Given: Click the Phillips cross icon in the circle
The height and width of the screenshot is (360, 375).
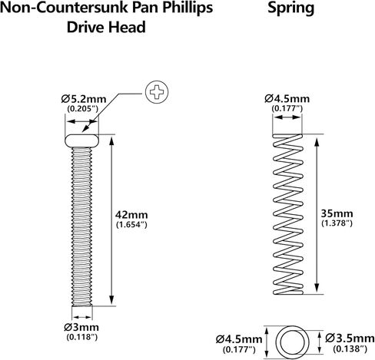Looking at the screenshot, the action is coord(157,92).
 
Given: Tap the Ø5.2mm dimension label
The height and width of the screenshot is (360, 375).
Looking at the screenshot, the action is coord(84,99).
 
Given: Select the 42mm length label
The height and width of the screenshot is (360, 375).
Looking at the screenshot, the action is coord(131,214).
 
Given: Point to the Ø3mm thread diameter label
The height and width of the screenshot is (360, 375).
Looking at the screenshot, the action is coord(81,327).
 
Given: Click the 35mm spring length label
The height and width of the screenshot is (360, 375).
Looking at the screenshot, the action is coord(337,213).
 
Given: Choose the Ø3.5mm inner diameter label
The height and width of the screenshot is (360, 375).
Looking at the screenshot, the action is coord(350,339).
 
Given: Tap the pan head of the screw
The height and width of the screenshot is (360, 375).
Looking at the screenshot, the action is coord(81,140).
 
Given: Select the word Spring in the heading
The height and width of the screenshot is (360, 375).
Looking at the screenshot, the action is coord(291,8).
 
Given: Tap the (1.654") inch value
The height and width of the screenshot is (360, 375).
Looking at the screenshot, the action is coord(131,225).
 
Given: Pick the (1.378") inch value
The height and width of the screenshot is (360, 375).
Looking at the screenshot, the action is coord(337,223).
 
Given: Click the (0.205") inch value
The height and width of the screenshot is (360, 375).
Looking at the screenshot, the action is coord(83,109).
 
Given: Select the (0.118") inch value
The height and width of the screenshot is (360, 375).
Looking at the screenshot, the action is coord(82,337).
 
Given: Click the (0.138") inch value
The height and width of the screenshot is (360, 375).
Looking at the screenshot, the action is coord(350,348).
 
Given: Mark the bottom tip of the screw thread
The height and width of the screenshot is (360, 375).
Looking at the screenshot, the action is coord(81,306).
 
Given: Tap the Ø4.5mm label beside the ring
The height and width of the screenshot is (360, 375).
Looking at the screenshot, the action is coord(239,339).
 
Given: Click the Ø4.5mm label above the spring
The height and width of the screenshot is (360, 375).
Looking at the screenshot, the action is coord(287,99).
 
